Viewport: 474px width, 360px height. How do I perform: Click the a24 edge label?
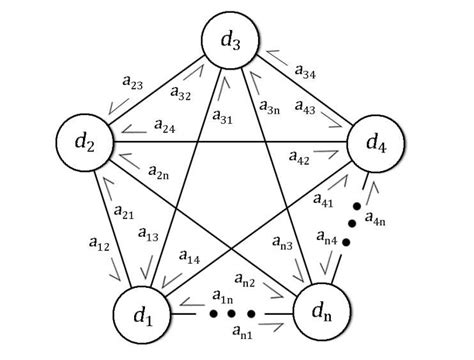click(165, 126)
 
